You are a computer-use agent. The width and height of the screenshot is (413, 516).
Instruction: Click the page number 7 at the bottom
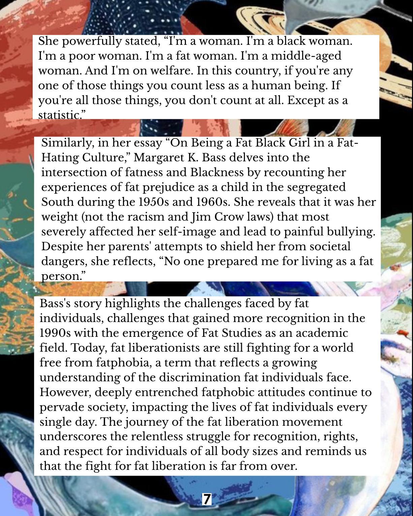(x=206, y=499)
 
